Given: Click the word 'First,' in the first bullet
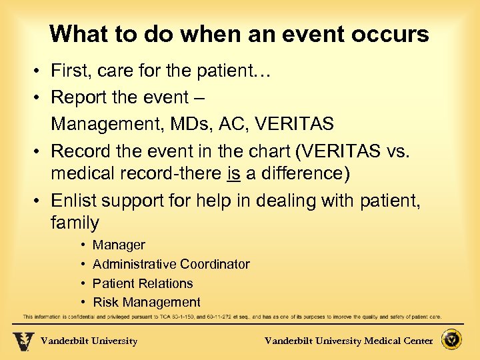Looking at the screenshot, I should pyautogui.click(x=73, y=71).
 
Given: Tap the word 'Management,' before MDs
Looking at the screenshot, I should pyautogui.click(x=107, y=124).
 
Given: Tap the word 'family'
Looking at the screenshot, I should pyautogui.click(x=75, y=223).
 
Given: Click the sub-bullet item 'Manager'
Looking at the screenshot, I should pyautogui.click(x=119, y=245).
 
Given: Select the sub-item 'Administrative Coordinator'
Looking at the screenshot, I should pyautogui.click(x=171, y=265).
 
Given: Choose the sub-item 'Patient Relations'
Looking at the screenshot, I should pyautogui.click(x=143, y=283).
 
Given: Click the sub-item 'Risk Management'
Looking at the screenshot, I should pyautogui.click(x=146, y=302).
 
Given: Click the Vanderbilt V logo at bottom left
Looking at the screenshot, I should pyautogui.click(x=23, y=341).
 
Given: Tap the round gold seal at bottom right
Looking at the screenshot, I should pyautogui.click(x=453, y=340).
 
